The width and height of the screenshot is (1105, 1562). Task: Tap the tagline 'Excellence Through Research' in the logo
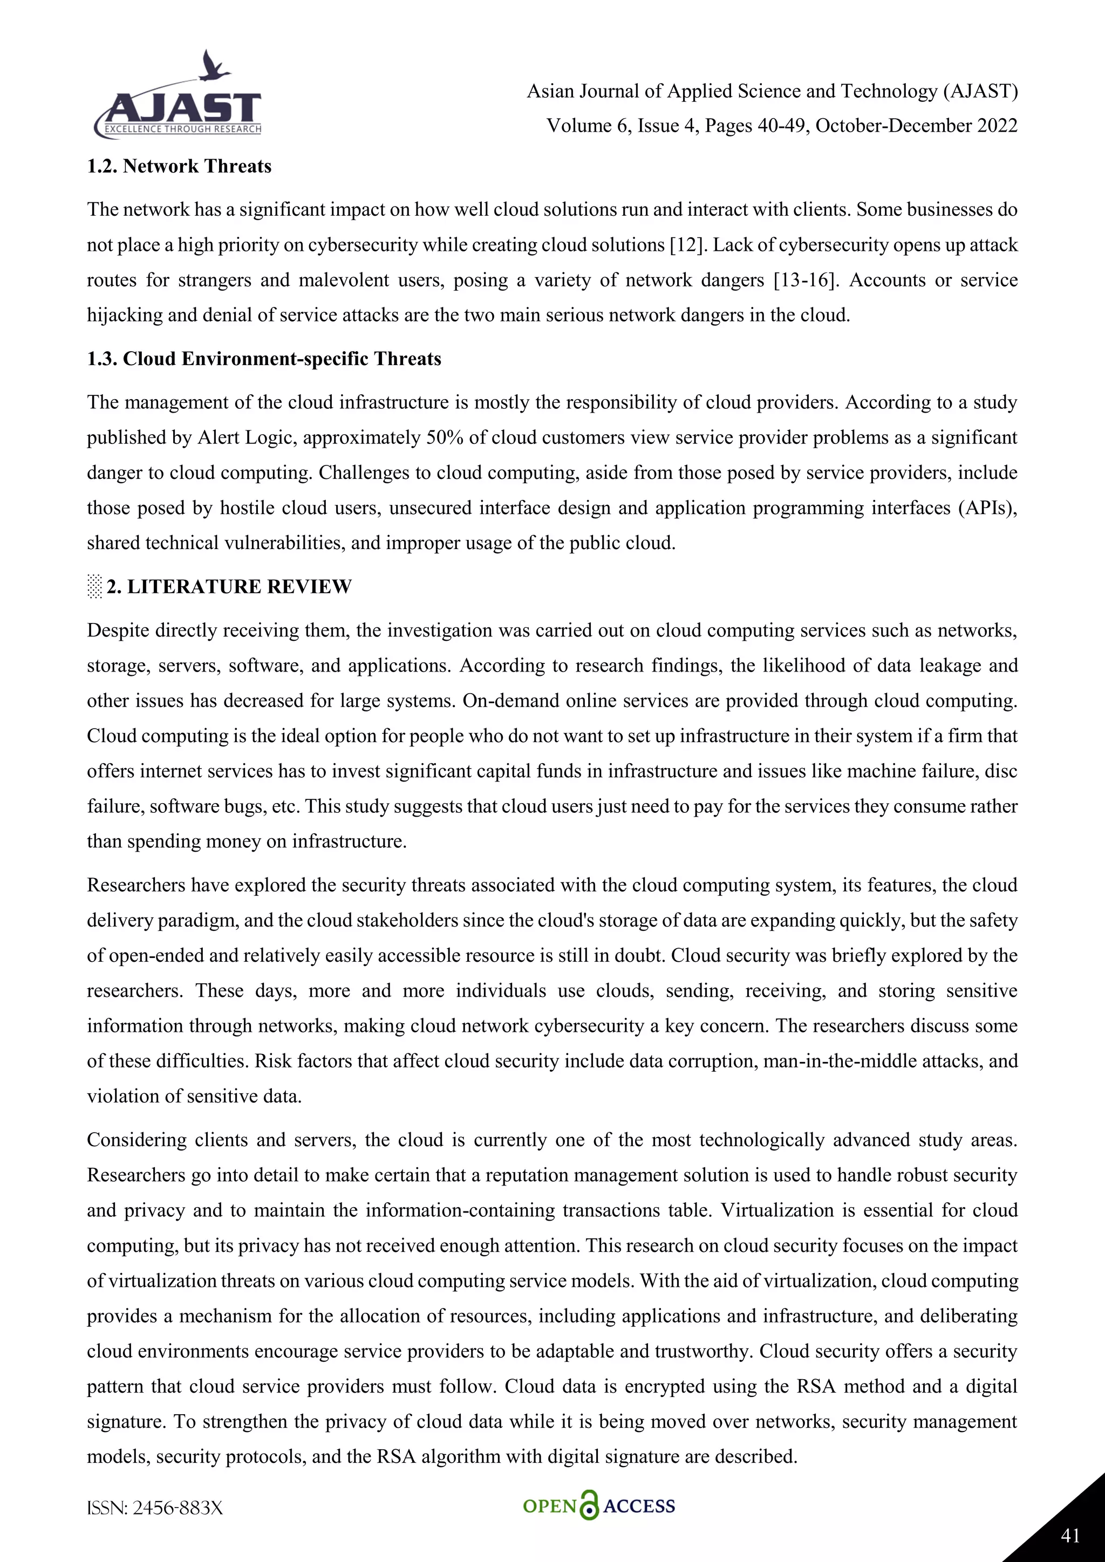182,129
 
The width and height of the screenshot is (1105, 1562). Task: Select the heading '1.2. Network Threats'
179,166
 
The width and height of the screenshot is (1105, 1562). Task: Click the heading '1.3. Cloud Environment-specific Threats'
264,359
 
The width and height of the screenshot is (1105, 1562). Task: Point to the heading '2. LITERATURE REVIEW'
229,586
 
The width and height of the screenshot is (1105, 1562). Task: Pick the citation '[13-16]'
805,280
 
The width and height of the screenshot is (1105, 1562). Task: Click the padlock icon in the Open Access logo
589,1505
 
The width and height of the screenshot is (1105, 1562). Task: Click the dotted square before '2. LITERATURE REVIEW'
94,586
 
